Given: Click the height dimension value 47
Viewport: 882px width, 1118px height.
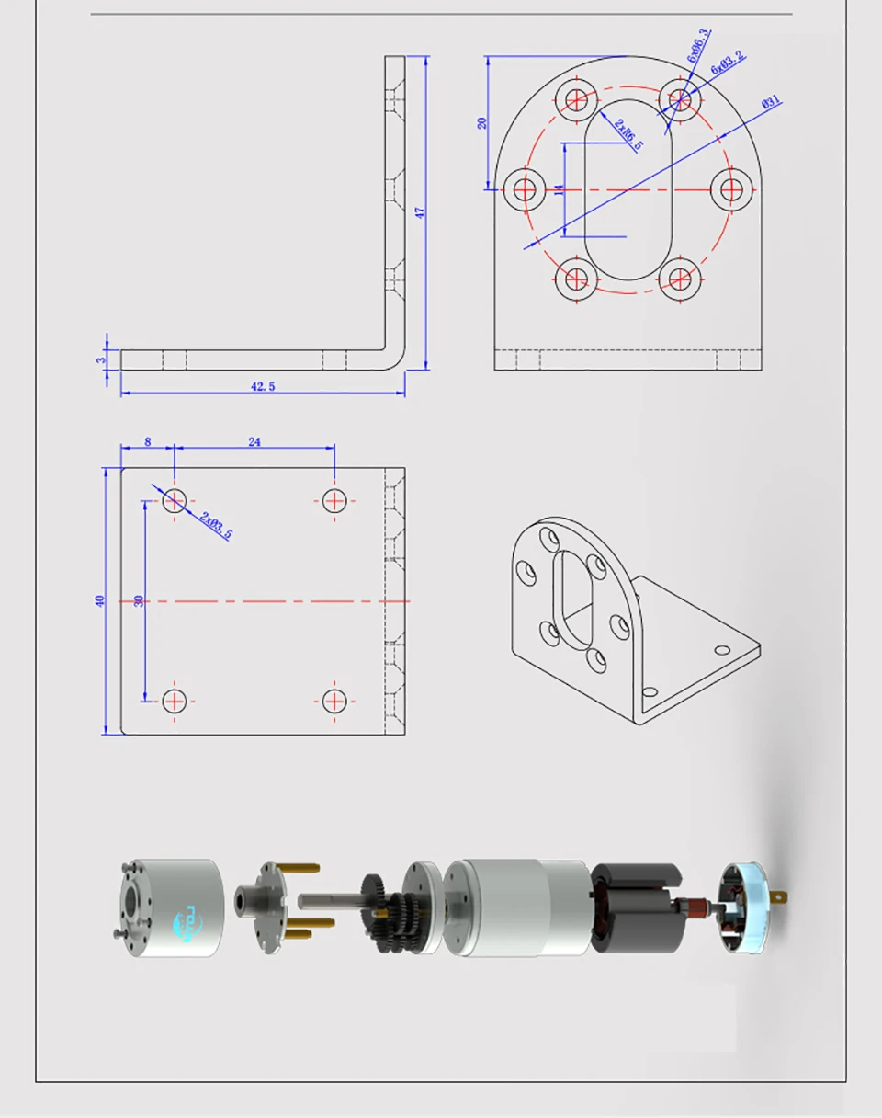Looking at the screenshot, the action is (420, 212).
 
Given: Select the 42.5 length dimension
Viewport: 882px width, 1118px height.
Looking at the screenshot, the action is (263, 387).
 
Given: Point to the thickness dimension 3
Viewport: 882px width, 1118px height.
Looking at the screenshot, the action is (101, 359).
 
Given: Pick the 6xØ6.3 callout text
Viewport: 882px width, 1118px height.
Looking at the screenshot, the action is (698, 46).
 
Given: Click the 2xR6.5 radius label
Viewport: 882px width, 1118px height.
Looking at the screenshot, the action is (629, 134).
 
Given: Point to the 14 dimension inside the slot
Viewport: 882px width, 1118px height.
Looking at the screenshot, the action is (559, 189).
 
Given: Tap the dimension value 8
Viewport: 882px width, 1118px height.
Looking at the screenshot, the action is (148, 442).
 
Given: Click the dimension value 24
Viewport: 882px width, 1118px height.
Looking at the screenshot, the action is (254, 442).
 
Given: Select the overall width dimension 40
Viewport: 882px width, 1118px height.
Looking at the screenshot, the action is (100, 600).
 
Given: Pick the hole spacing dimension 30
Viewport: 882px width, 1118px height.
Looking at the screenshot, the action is (139, 600).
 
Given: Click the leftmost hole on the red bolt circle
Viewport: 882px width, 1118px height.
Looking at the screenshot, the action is (526, 189).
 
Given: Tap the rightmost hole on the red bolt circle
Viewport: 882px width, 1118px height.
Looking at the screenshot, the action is (731, 189).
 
